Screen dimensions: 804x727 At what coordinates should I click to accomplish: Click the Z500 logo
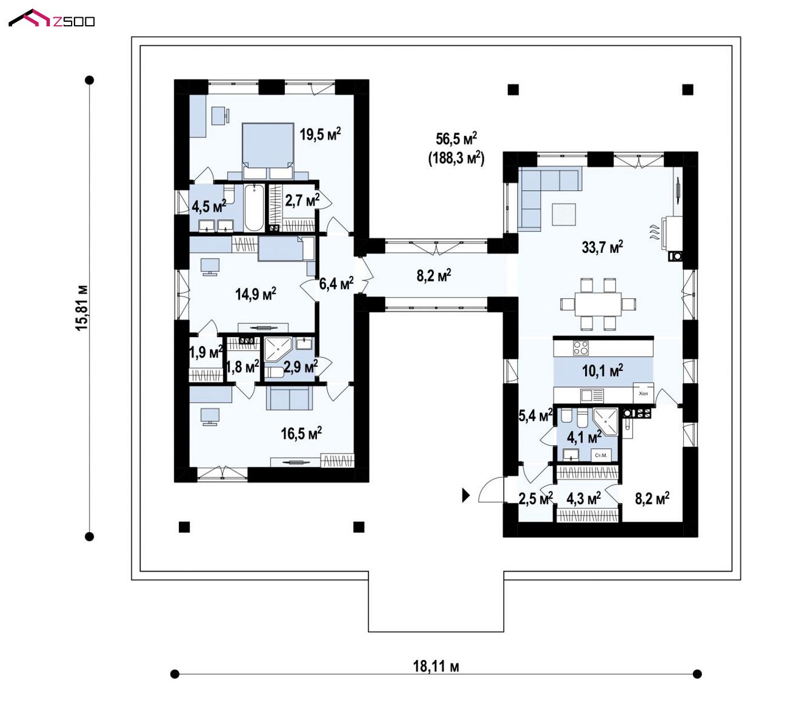tap(52, 18)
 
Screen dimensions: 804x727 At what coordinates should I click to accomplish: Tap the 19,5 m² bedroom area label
tap(320, 134)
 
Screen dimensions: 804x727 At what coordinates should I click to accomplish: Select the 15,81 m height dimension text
tap(81, 308)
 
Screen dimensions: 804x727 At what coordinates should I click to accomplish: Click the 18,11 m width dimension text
tap(436, 666)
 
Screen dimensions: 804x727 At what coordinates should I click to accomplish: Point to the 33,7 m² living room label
tap(602, 247)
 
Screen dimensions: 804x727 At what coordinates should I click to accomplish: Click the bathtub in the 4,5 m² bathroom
tap(254, 208)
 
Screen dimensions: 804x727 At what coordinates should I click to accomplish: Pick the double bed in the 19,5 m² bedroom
tap(268, 151)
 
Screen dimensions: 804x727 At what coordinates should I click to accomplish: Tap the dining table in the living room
tap(598, 304)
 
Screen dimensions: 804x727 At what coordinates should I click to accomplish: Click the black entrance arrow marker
tap(466, 495)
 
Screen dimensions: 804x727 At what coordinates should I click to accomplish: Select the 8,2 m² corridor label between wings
tap(434, 275)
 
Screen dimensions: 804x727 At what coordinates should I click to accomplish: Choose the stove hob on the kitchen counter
tap(581, 347)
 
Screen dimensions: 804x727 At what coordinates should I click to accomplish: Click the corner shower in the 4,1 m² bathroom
tap(605, 421)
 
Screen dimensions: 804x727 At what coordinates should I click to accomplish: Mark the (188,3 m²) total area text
tap(457, 158)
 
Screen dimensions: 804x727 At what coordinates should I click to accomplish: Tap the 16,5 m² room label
tap(301, 433)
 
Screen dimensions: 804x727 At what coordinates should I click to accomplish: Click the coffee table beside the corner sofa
tap(564, 214)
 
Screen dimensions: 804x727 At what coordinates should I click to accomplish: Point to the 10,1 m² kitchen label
tap(602, 370)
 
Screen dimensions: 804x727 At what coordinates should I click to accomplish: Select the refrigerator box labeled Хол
tap(644, 393)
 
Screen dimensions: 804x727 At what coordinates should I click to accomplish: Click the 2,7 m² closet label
tap(302, 200)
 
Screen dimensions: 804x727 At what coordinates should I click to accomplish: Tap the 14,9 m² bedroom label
tap(256, 294)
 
